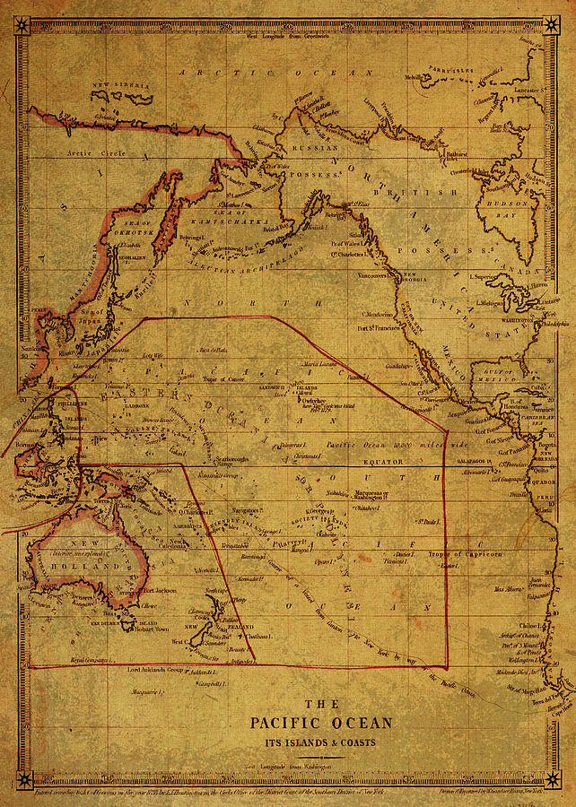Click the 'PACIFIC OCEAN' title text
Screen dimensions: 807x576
(x=320, y=723)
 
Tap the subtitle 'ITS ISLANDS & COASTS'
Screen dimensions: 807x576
(x=320, y=742)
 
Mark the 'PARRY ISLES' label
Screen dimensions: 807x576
(x=449, y=69)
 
